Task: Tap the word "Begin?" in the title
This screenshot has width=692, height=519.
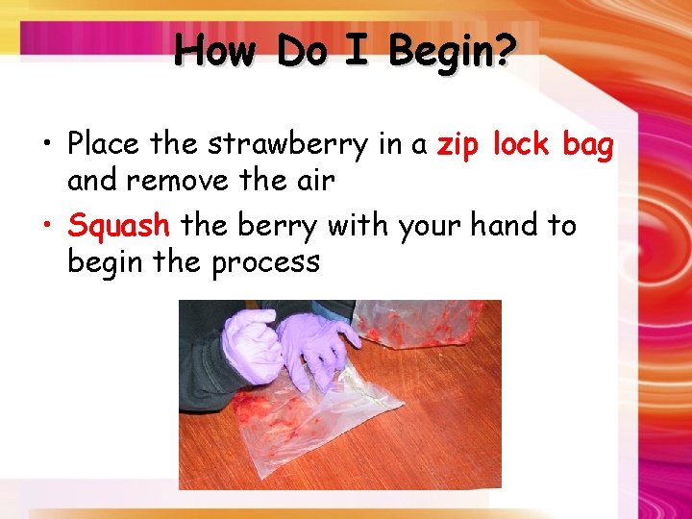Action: tap(451, 52)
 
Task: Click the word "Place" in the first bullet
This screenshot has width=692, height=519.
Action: tap(104, 145)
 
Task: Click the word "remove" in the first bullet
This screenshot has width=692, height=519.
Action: tap(197, 180)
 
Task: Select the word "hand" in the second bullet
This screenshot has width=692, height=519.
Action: tap(504, 226)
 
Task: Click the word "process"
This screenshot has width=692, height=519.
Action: tap(265, 261)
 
